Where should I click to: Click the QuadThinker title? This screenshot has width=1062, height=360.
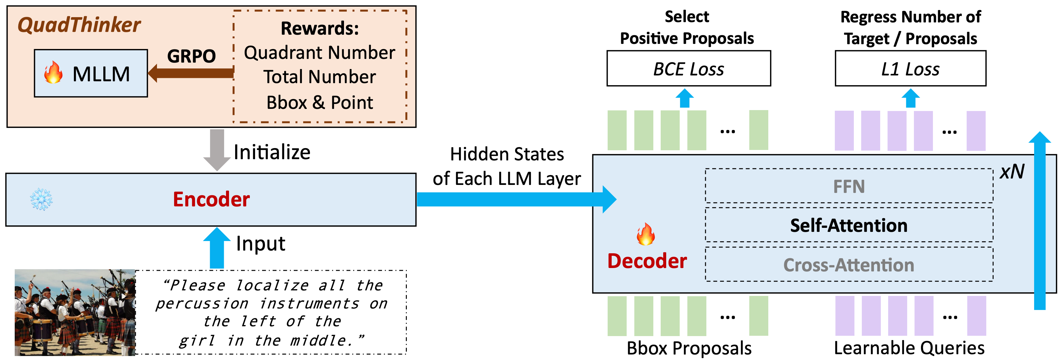[79, 25]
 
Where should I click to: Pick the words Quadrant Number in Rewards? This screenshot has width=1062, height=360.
[319, 53]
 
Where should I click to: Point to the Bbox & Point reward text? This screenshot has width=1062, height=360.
[319, 102]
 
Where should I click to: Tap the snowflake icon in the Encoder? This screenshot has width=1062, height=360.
[41, 200]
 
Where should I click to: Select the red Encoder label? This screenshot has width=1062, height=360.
[211, 200]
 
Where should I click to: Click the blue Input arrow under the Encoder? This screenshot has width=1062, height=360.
[217, 247]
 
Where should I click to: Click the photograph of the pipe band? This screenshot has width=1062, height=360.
[75, 312]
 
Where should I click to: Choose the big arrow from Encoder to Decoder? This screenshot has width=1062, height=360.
[515, 199]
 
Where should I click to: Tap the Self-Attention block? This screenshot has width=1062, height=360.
[849, 225]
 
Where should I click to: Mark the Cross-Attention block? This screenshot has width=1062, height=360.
[849, 265]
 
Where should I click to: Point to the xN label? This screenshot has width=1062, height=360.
[1012, 171]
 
